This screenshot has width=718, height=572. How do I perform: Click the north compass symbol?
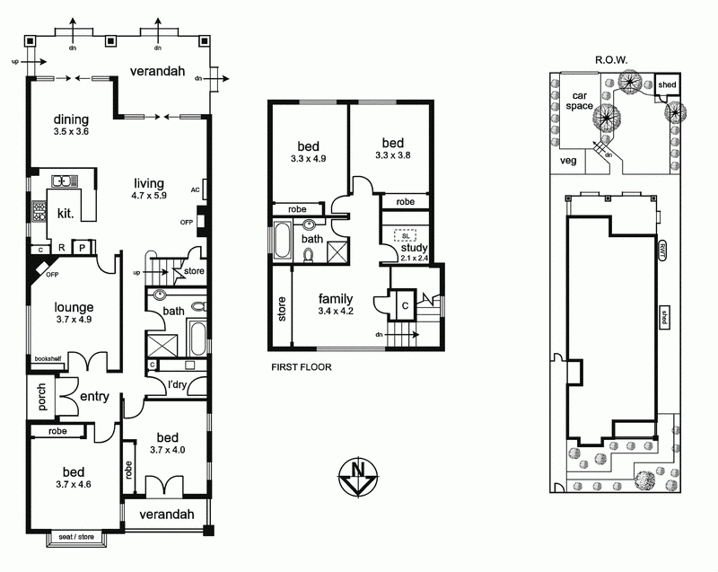(358, 475)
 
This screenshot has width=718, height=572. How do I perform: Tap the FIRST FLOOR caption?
(302, 367)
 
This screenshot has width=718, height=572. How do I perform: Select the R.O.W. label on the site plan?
(610, 61)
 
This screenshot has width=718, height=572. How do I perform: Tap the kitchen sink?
(63, 180)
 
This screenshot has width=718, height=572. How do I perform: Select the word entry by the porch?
(94, 397)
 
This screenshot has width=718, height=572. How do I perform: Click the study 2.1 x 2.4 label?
(414, 254)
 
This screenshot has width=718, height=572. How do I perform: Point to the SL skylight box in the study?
(406, 234)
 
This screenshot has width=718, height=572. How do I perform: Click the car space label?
(579, 99)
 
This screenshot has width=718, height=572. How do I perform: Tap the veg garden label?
(566, 162)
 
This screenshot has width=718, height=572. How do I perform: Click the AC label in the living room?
(195, 189)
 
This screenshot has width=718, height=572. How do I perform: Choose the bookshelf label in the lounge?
(46, 358)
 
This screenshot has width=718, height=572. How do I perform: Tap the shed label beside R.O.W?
(667, 85)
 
